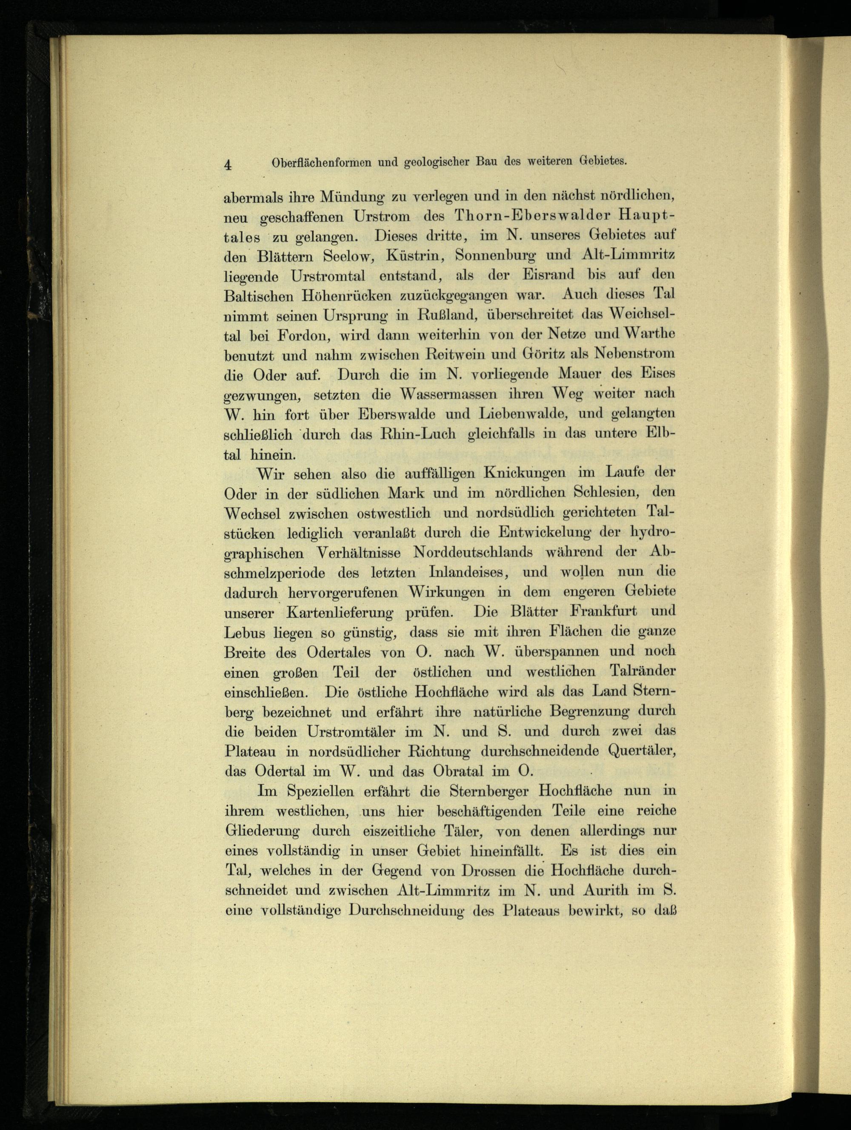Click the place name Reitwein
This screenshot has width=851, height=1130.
click(x=454, y=354)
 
